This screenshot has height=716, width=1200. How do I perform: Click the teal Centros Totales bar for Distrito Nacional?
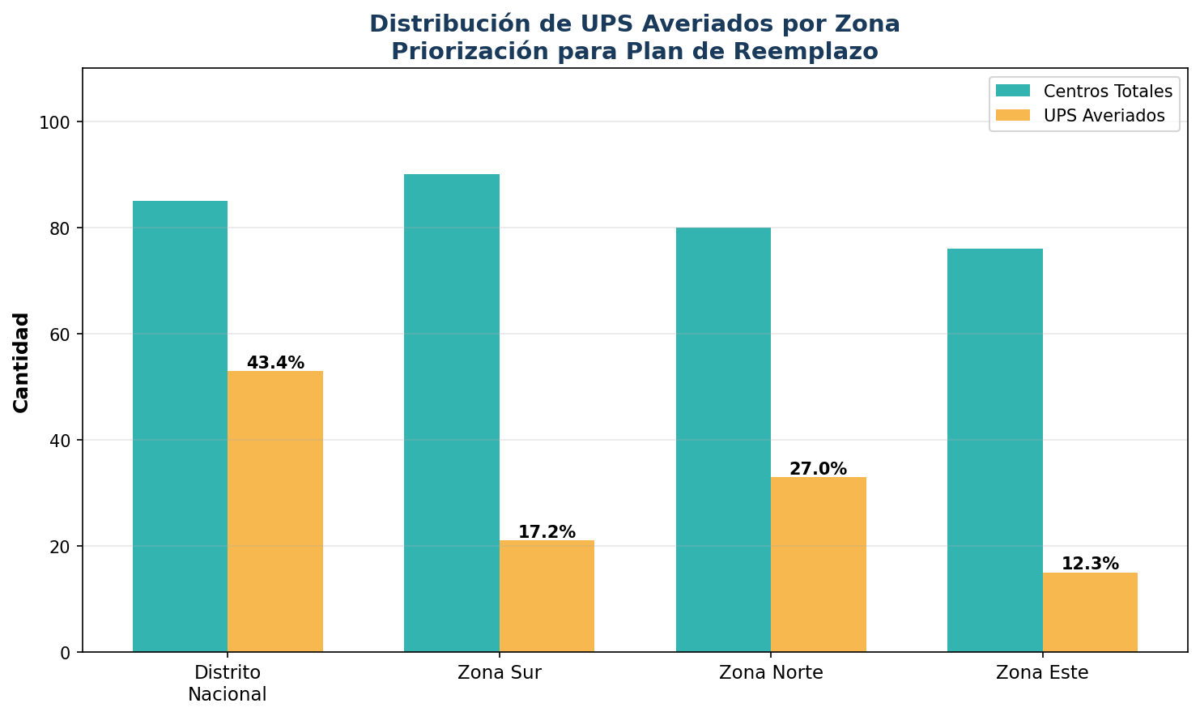(180, 426)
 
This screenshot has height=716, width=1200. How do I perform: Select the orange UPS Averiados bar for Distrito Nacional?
(275, 511)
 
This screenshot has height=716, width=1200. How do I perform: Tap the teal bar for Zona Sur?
(452, 413)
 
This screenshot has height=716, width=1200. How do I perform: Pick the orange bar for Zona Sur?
(547, 596)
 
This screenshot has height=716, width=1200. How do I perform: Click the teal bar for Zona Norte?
(723, 440)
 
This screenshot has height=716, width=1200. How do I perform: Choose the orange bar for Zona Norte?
(818, 565)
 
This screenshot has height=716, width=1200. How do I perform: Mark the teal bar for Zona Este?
(994, 450)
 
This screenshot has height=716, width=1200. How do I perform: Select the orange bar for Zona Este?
(1090, 612)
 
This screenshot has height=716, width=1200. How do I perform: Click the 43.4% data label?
(275, 363)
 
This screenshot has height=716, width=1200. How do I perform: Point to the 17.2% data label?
(547, 532)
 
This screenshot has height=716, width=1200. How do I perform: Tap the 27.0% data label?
(818, 469)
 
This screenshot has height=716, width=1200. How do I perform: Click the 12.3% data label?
(1090, 564)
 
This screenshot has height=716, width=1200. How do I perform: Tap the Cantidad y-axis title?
(22, 362)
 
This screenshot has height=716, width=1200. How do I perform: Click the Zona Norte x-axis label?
(771, 672)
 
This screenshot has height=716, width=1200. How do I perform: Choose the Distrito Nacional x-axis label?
(228, 683)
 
